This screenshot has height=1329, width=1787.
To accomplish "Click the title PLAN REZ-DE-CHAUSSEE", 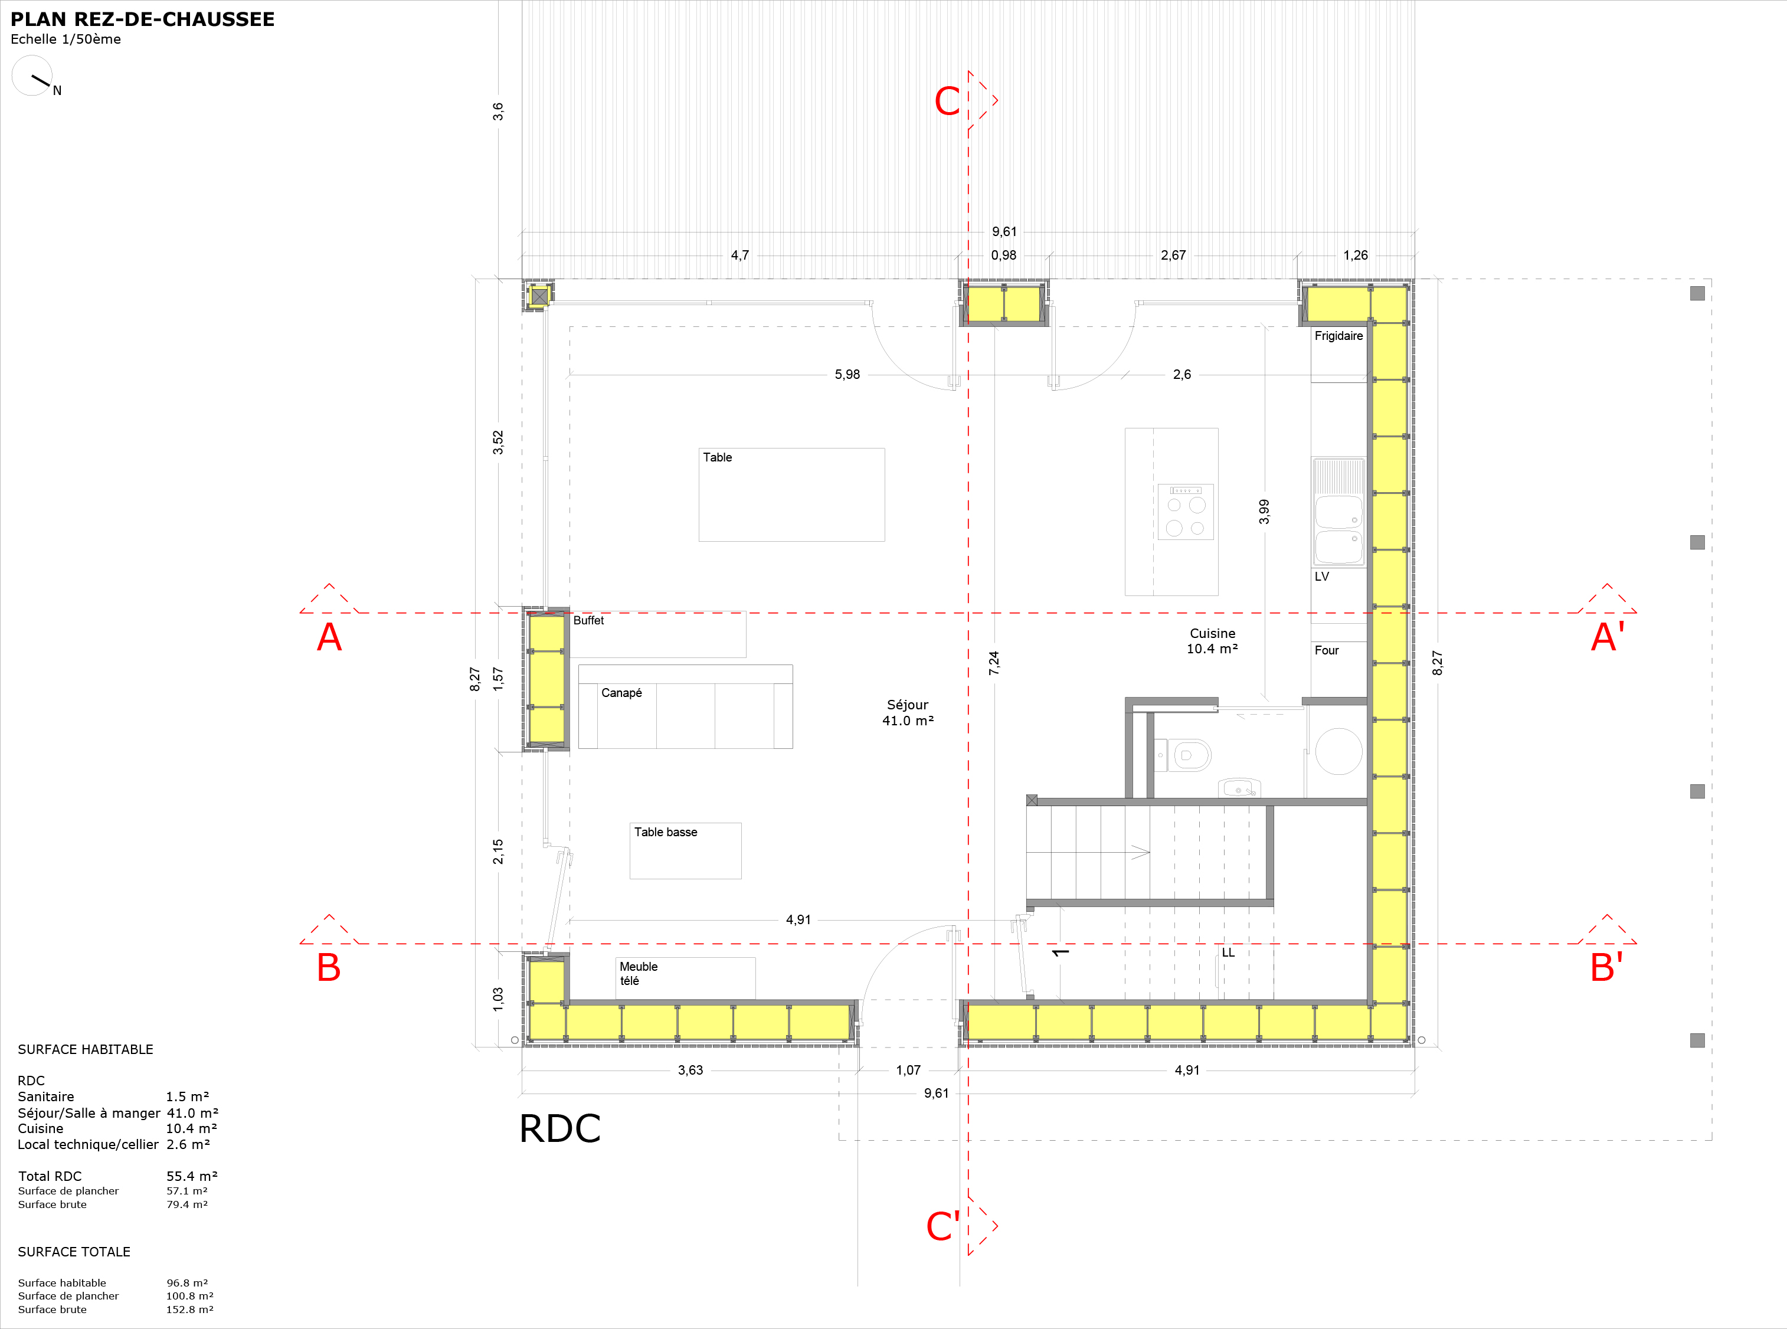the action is pos(142,19).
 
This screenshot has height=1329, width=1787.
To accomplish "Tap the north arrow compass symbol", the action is pos(33,76).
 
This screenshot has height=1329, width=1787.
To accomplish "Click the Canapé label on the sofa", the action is pos(621,693).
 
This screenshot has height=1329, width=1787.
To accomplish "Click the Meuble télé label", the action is pos(639,973).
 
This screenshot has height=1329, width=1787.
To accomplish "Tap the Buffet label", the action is pos(588,620).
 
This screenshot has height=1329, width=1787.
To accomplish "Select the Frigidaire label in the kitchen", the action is pos(1339,335).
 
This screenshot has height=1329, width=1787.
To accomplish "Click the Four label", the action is pos(1327,650).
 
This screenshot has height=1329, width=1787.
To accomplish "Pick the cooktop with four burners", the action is pos(1185,512).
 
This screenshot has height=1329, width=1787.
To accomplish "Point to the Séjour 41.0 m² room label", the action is pos(908,713).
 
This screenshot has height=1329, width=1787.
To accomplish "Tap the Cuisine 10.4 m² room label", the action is pos(1213,641).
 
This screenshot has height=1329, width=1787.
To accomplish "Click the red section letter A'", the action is pos(1608,637).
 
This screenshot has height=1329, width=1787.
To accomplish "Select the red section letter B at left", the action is pos(328,967).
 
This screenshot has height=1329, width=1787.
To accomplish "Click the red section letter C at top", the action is pos(947,102).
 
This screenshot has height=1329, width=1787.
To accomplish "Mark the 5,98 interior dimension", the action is pos(847,374).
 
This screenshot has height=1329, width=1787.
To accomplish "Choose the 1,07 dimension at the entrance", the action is pos(908,1070).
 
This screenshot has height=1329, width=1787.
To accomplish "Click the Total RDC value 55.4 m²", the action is pos(191,1176).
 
